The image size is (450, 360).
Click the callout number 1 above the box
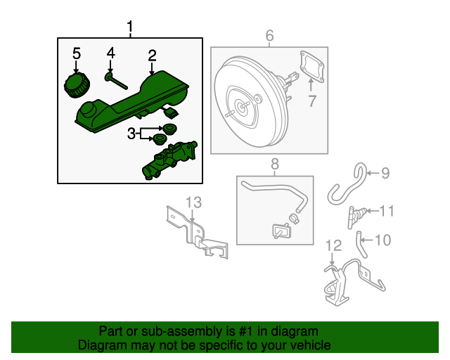130,27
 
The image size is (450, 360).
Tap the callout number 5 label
77,53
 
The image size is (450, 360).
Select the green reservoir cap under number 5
76,86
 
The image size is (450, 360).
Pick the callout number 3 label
131,133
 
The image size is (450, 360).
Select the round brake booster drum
243,105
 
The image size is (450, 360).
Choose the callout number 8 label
275,164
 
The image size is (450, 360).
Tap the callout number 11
387,210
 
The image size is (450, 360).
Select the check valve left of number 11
359,212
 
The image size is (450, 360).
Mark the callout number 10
382,240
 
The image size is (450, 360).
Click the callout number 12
333,245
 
